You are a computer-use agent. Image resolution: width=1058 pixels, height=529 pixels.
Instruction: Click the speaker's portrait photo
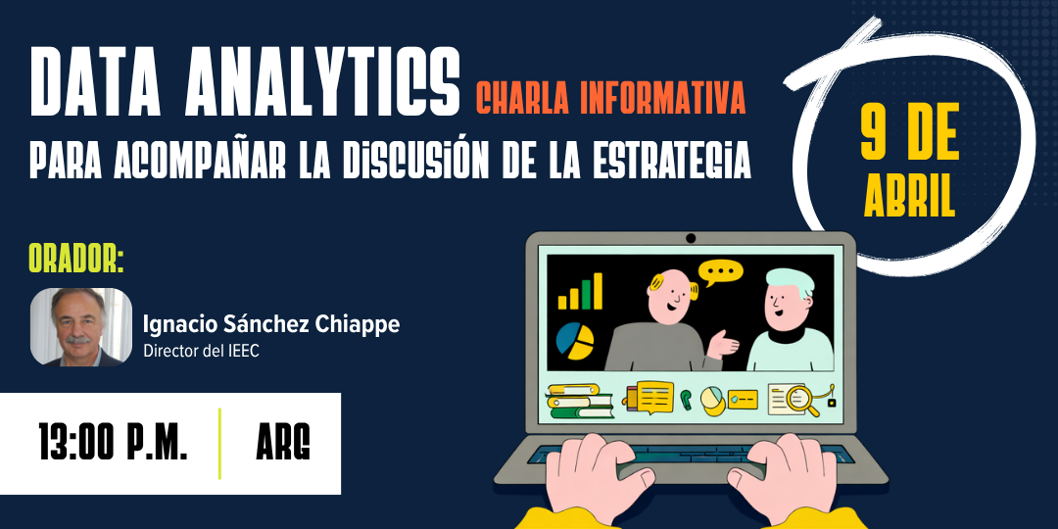[x=80, y=327]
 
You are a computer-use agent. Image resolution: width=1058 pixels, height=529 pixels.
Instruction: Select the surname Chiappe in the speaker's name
[x=359, y=324]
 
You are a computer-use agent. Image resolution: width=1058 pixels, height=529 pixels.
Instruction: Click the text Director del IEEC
[x=201, y=351]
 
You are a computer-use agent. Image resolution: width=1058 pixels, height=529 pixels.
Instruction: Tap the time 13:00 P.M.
[x=113, y=444]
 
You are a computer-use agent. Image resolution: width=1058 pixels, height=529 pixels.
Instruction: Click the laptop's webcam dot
[x=691, y=238]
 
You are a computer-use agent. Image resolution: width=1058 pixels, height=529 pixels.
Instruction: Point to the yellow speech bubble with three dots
[x=720, y=271]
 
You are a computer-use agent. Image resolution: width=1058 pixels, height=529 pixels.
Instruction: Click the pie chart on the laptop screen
[x=575, y=339]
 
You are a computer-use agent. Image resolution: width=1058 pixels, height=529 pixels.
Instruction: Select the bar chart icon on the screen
[x=580, y=292]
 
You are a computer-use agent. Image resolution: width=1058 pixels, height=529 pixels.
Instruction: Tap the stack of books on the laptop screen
[x=579, y=400]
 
